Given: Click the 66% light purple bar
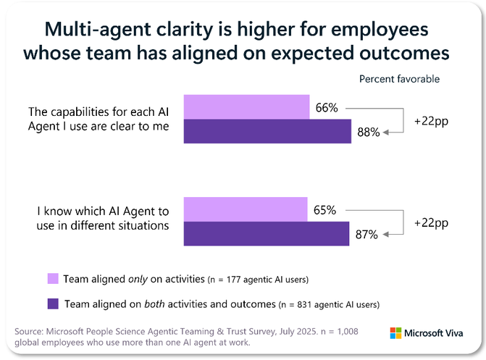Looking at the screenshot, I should point(247,106).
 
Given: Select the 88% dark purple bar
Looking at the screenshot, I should point(268,131).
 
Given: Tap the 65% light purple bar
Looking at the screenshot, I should point(246,209).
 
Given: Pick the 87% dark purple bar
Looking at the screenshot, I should point(267,234).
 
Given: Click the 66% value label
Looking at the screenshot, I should point(327,108).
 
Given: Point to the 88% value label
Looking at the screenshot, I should point(368,133).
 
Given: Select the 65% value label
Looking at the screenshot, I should point(325,210).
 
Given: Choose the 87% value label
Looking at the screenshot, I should point(367,235).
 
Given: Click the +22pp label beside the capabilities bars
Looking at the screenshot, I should point(430,120).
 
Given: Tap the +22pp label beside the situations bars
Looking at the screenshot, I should point(430,222).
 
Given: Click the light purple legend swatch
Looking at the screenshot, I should point(52,277).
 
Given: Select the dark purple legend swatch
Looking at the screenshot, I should point(52,304).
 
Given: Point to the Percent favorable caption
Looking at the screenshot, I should point(399,78).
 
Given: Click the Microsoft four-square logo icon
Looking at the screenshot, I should point(396,334).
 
